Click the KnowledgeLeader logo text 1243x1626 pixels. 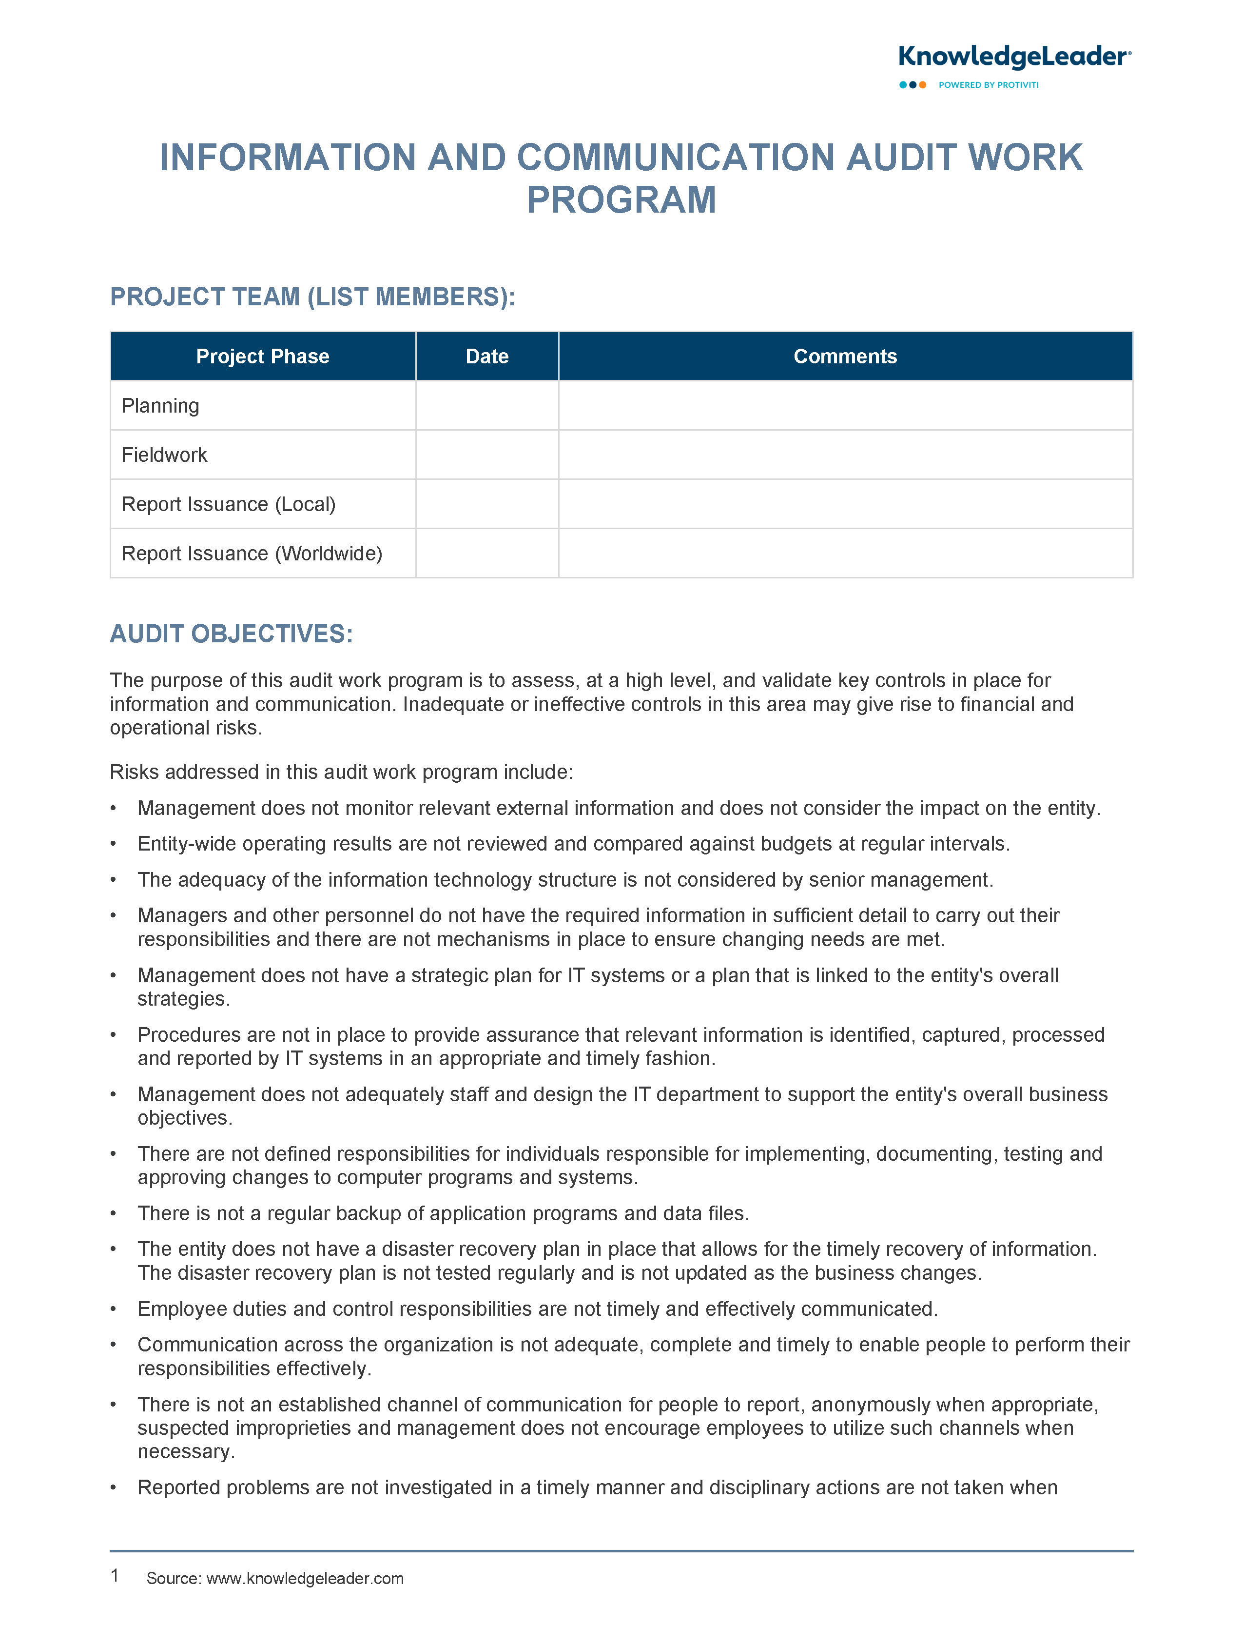click(x=1013, y=57)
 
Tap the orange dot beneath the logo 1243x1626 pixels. click(x=923, y=85)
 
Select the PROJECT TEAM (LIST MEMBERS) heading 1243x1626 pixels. click(x=312, y=297)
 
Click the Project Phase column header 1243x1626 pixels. click(x=263, y=357)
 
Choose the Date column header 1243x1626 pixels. click(x=487, y=357)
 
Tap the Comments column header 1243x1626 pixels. click(x=845, y=357)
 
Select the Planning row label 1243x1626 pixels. click(x=160, y=406)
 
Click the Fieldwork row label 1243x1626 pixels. click(x=164, y=455)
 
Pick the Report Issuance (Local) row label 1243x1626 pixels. click(x=228, y=504)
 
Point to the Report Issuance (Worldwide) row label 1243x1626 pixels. click(x=252, y=554)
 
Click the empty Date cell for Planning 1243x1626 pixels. click(x=487, y=406)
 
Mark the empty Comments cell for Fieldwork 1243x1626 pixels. click(x=845, y=455)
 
